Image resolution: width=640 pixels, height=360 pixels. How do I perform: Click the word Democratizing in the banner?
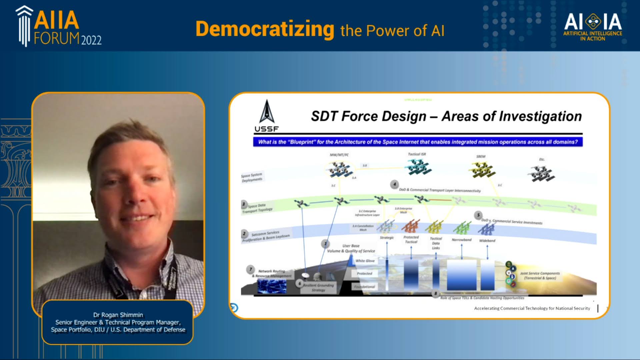coord(265,29)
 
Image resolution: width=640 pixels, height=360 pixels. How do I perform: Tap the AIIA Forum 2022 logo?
coord(59,27)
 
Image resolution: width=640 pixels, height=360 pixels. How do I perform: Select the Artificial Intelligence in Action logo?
coord(593,27)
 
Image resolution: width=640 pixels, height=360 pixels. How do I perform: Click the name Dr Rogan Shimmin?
coord(118,315)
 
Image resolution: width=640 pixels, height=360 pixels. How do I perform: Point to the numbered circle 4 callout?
coord(394,184)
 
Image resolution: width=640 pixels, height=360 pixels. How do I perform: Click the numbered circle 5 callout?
coord(478,215)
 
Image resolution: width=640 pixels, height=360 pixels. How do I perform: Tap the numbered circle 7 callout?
coord(251,269)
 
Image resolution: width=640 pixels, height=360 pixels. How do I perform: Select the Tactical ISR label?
coord(417,154)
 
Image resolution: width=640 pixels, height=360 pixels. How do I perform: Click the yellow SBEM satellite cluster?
coord(483,169)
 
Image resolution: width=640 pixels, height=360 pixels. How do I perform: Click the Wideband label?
coord(487,241)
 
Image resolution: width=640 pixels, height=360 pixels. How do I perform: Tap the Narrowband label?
coord(462,240)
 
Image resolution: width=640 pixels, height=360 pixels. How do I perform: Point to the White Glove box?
coord(365,261)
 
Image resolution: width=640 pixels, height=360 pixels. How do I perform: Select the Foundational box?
coord(364,287)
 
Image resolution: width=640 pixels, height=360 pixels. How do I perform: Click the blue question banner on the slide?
coord(418,142)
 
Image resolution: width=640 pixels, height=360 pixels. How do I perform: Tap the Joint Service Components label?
coord(540,275)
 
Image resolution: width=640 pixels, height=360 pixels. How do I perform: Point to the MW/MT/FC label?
coord(339,155)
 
